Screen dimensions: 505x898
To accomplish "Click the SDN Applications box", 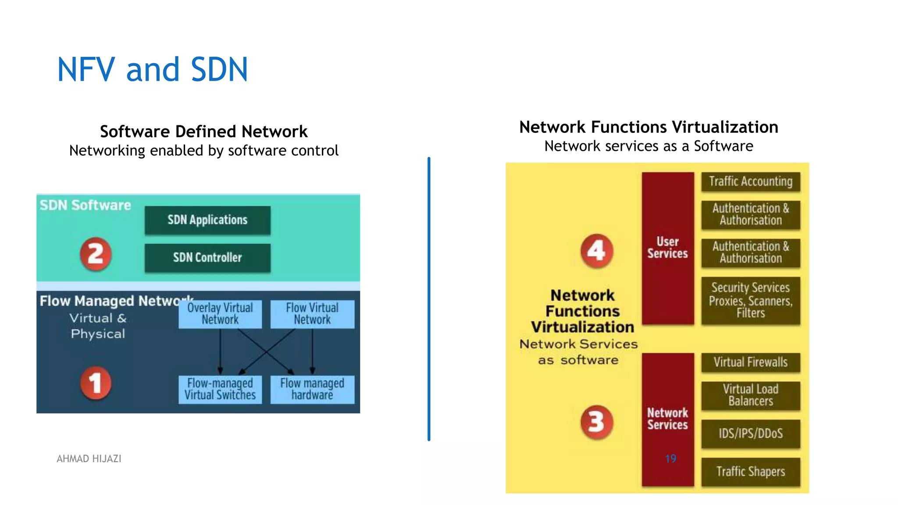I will click(x=207, y=220).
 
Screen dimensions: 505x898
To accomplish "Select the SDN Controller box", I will click(x=207, y=258).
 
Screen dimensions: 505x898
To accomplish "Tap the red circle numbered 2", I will click(x=96, y=254).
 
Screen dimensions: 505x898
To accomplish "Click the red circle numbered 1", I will click(x=96, y=383).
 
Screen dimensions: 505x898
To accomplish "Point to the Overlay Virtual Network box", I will click(x=220, y=314).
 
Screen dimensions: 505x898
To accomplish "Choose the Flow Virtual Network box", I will click(x=312, y=314).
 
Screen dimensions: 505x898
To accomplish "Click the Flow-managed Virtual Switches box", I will click(x=220, y=389).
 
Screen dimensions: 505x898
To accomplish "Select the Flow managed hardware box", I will click(x=312, y=389).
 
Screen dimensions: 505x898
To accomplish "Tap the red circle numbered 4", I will click(x=596, y=251).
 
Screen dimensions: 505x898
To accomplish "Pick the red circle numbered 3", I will click(x=596, y=422).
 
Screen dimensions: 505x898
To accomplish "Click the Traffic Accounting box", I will click(x=751, y=181).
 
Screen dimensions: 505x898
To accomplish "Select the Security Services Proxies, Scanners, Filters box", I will click(x=751, y=301).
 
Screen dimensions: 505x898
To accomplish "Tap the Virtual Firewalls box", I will click(x=751, y=363).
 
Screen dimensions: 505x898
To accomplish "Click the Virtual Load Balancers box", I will click(x=751, y=395).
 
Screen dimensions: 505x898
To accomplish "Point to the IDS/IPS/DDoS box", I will click(x=751, y=434).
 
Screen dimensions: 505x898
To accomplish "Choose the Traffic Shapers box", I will click(x=751, y=472).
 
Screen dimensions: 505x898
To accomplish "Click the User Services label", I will click(x=667, y=248).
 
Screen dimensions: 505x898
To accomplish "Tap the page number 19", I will click(x=670, y=459).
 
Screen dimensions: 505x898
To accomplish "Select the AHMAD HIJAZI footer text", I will click(x=89, y=459).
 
